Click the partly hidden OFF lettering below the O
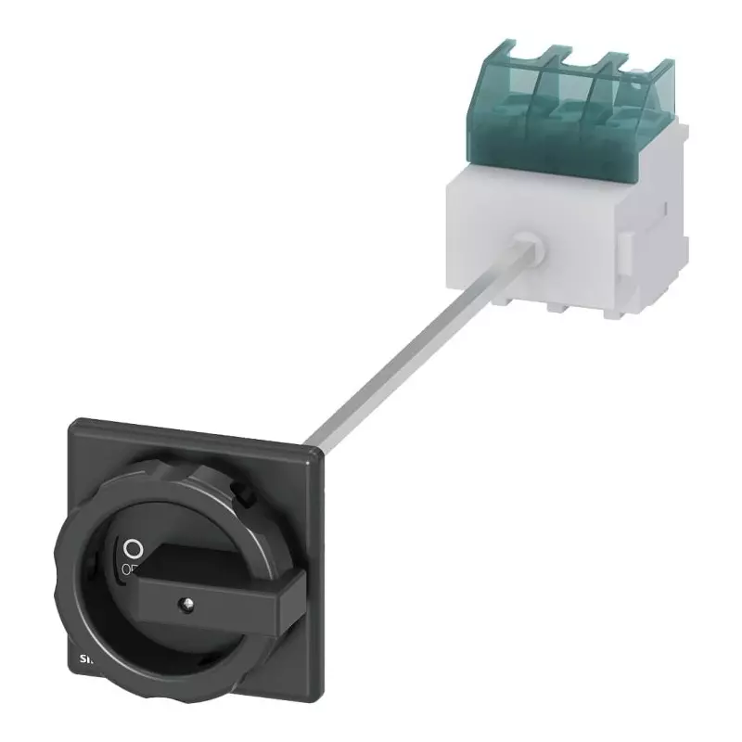click(127, 568)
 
